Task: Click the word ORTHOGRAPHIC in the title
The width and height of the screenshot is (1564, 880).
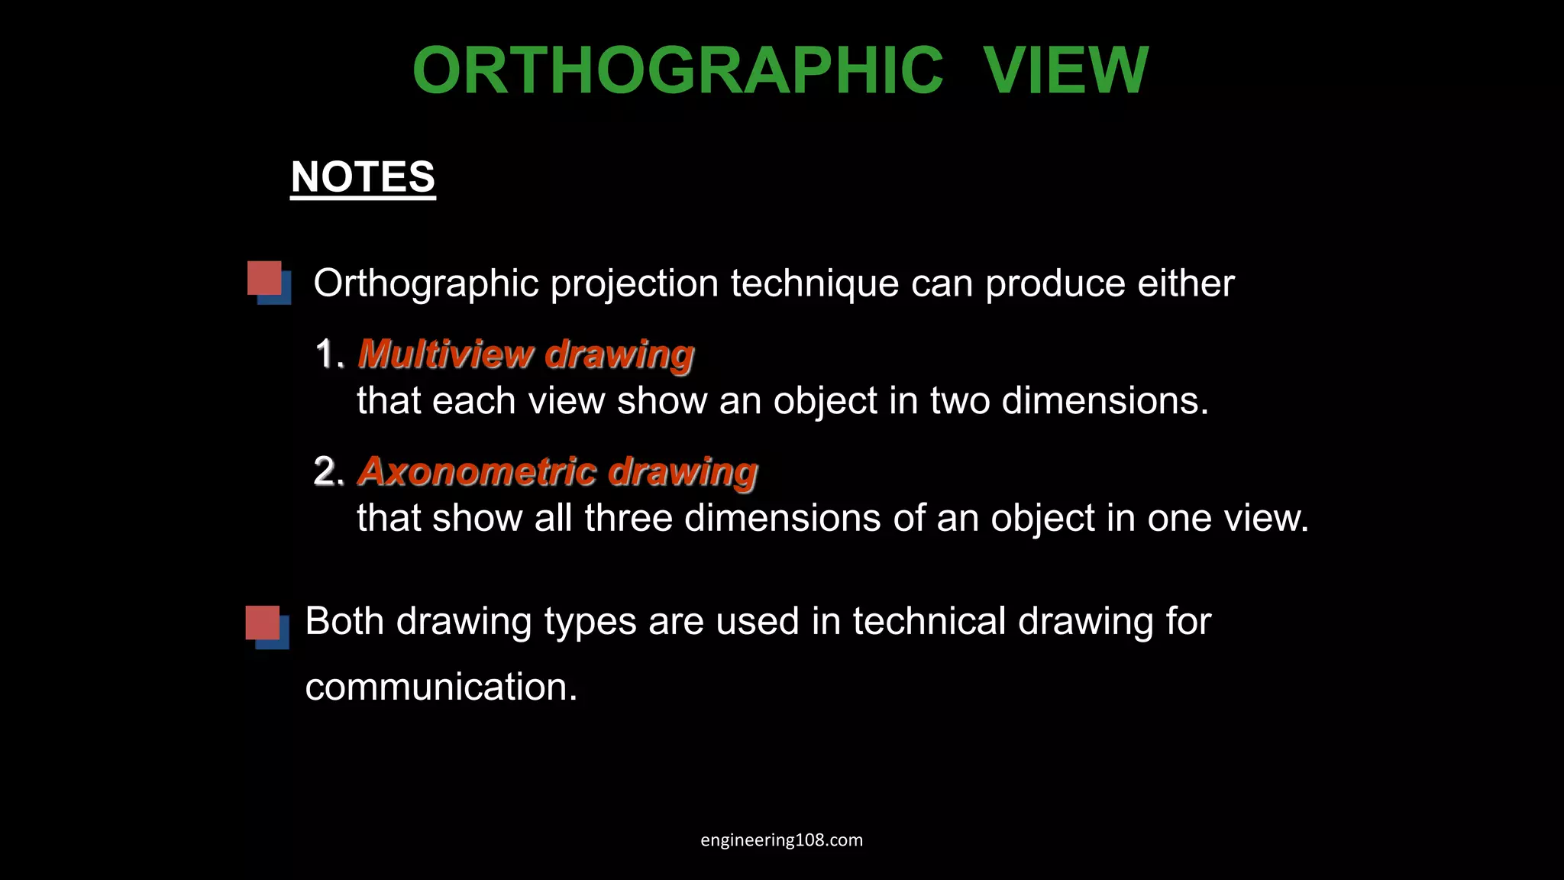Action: coord(677,70)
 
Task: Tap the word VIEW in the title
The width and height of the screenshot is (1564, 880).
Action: coord(1065,70)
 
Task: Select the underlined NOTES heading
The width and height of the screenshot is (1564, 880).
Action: coord(363,177)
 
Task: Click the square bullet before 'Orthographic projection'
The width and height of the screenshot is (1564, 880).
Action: coord(268,282)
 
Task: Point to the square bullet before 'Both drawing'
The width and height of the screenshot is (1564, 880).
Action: coord(267,626)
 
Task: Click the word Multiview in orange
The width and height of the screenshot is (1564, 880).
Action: coord(445,354)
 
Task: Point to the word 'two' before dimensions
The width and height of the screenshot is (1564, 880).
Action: coord(959,401)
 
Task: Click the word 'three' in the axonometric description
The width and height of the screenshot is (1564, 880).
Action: coord(628,519)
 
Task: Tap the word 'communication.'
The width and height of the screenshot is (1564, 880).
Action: coord(441,687)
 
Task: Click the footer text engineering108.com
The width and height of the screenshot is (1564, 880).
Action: coord(781,840)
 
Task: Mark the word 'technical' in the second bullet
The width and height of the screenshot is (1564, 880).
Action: coord(929,621)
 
